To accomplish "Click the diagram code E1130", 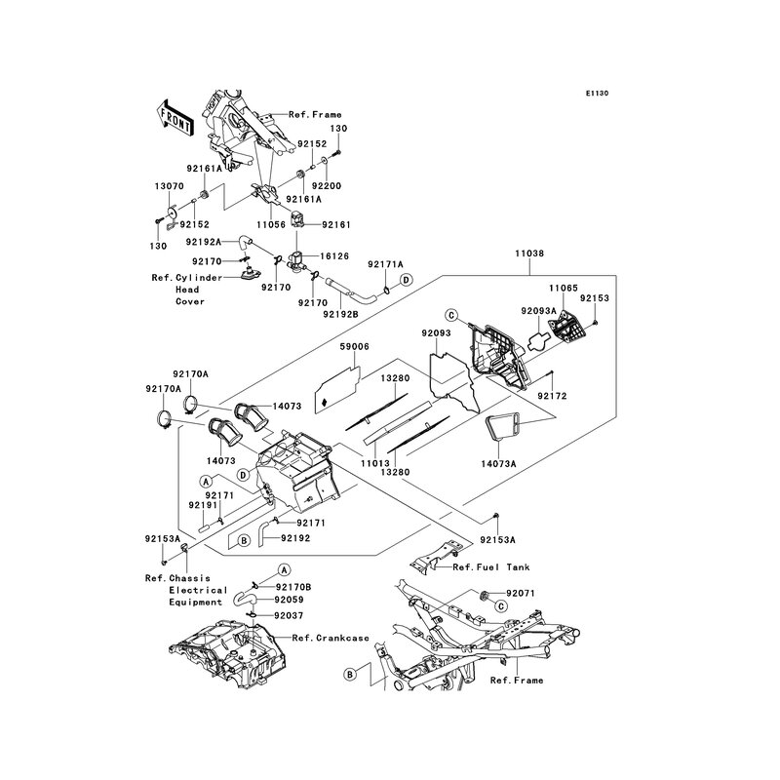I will [x=598, y=94].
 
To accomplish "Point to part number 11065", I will [x=563, y=289].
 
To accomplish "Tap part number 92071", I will [x=520, y=593].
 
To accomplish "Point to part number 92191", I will [x=203, y=506].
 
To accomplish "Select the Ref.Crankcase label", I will [x=325, y=638].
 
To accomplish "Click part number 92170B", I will [x=293, y=587].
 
